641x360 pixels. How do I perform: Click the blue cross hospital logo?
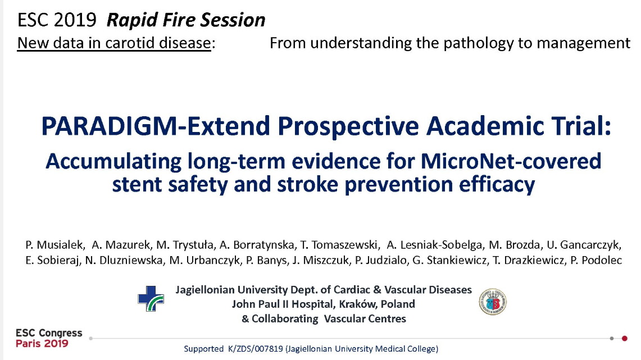(151, 299)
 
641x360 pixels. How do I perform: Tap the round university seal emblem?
(493, 302)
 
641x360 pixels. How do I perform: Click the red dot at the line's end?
(625, 338)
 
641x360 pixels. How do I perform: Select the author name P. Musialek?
(55, 245)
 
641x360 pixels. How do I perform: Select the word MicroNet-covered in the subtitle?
(511, 161)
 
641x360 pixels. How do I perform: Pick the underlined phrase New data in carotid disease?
(114, 43)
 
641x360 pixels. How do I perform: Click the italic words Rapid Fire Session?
(186, 20)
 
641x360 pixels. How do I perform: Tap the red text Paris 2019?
(42, 344)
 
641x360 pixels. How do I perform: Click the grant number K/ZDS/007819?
(256, 349)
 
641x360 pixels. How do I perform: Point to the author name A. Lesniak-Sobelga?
(435, 245)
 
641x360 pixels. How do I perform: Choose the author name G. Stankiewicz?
(450, 260)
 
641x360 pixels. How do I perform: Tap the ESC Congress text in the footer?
(49, 333)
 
